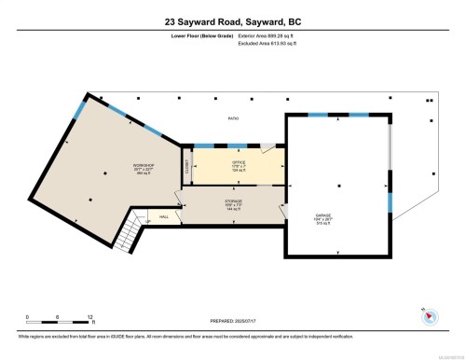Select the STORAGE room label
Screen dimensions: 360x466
pos(233,201)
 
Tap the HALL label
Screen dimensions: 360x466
pos(163,218)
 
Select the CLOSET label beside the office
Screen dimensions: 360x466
pos(186,166)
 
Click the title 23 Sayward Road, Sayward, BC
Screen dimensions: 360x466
pos(233,21)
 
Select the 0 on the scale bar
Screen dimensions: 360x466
pos(28,317)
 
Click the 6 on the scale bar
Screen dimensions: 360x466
pos(58,317)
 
